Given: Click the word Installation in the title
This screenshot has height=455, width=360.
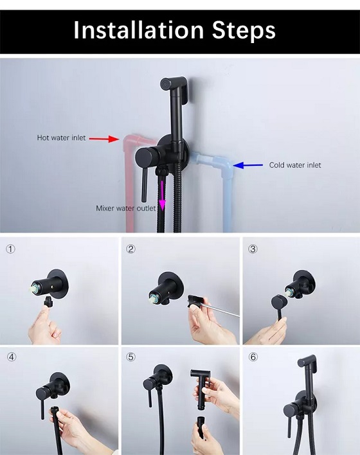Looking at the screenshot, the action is [139, 30].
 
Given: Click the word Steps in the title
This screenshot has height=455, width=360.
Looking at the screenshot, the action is [244, 30].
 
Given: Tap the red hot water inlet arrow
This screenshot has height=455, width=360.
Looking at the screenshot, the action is [104, 139].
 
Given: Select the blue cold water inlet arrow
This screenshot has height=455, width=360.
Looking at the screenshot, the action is [248, 165].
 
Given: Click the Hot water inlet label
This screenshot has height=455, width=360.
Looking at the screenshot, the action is [61, 138].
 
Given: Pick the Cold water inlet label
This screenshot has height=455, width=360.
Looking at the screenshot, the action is [295, 165].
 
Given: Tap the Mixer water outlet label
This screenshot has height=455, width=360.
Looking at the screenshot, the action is [126, 208].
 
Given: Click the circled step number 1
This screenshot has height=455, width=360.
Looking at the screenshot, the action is [11, 249].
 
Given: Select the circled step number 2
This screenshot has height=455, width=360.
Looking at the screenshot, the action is [131, 249].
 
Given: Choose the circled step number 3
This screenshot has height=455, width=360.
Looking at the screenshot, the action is [253, 249].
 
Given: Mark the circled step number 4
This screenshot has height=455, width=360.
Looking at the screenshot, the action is [12, 357].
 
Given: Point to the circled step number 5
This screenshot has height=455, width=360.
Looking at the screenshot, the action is [131, 357].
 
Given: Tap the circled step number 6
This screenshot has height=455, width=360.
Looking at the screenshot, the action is [253, 357].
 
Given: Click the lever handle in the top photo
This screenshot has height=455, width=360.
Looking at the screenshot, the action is [144, 186].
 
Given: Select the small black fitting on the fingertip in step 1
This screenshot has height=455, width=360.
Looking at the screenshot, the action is [48, 302].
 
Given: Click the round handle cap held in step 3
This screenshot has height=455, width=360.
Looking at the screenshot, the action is [279, 303].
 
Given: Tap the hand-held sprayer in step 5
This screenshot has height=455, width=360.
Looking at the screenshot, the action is [201, 386].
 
